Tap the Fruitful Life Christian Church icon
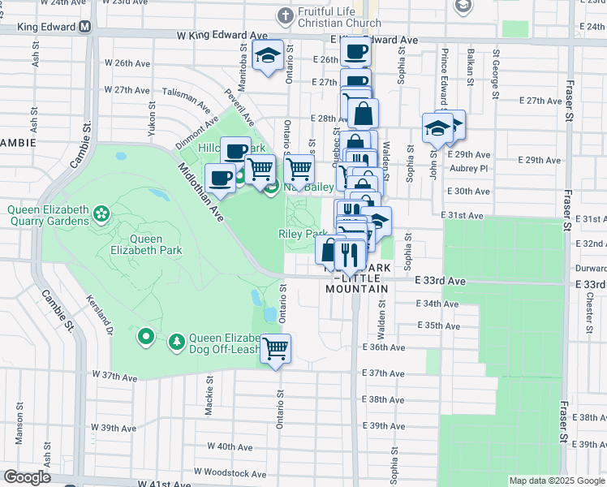(x=284, y=15)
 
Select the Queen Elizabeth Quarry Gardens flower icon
(x=101, y=214)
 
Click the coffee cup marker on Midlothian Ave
(x=220, y=177)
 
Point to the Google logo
(x=27, y=477)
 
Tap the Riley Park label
(x=303, y=235)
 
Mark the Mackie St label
(x=209, y=395)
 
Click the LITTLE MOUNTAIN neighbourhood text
(x=357, y=288)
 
